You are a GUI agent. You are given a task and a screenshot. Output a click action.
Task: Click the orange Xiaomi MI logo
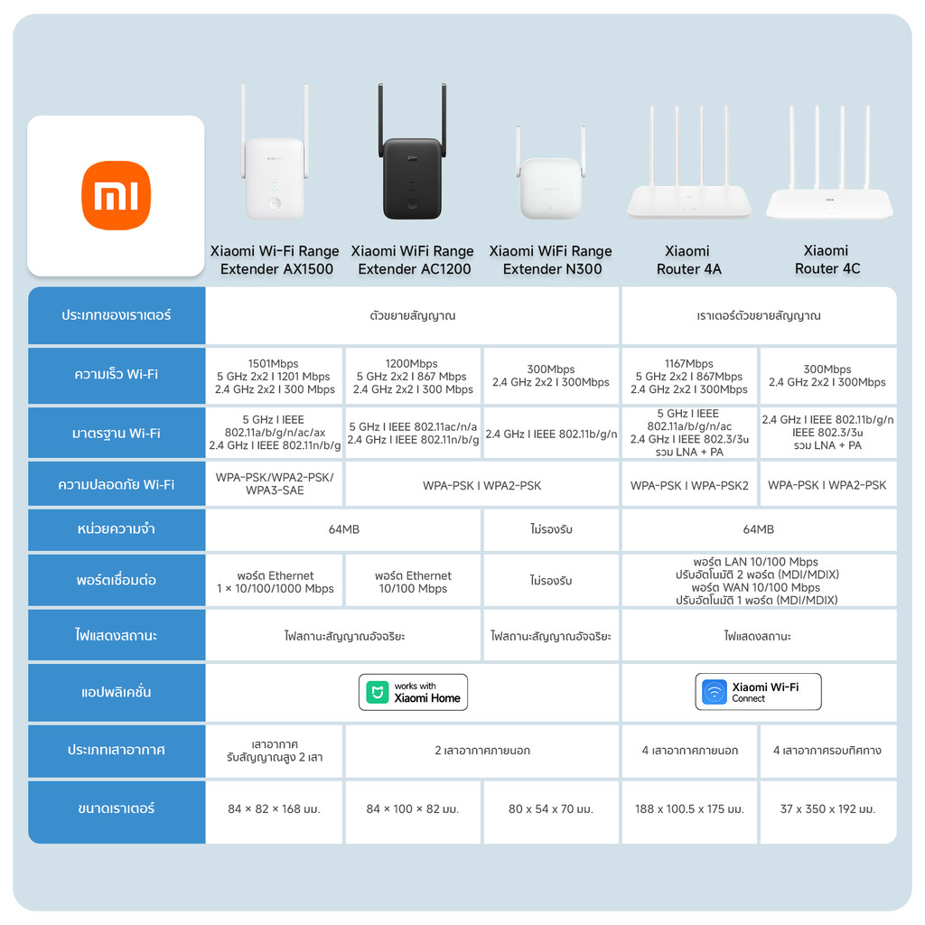click(x=116, y=195)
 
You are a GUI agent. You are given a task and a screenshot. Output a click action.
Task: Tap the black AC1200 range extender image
click(x=412, y=172)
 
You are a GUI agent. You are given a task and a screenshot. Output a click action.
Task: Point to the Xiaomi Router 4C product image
click(x=829, y=185)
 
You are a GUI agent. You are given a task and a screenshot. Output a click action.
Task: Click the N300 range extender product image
click(x=551, y=185)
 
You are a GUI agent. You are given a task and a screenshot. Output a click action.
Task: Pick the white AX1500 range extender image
click(x=275, y=172)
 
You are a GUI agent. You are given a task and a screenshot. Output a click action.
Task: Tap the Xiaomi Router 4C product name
click(x=827, y=259)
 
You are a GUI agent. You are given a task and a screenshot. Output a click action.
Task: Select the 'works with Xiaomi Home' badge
click(x=414, y=692)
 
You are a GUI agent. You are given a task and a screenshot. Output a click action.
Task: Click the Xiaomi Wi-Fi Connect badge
click(x=758, y=692)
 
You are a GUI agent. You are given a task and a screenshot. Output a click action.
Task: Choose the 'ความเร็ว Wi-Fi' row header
click(x=117, y=375)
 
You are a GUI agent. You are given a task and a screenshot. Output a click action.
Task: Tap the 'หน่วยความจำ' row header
click(x=117, y=529)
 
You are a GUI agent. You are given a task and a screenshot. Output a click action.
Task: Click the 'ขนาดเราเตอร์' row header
click(x=117, y=808)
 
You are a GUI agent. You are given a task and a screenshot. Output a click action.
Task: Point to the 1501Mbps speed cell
click(x=274, y=376)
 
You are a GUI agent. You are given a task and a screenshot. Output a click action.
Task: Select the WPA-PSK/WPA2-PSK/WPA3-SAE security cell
click(x=275, y=484)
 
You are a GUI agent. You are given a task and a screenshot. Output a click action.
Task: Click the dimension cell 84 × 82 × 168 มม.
click(x=275, y=809)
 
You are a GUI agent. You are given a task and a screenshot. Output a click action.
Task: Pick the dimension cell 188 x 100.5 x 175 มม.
click(x=690, y=809)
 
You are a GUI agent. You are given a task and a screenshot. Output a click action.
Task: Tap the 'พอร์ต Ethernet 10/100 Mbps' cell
click(x=413, y=582)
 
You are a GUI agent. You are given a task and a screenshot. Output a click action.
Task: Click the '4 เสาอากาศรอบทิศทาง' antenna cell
click(x=827, y=751)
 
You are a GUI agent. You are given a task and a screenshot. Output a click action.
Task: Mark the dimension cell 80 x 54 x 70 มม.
click(x=551, y=809)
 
